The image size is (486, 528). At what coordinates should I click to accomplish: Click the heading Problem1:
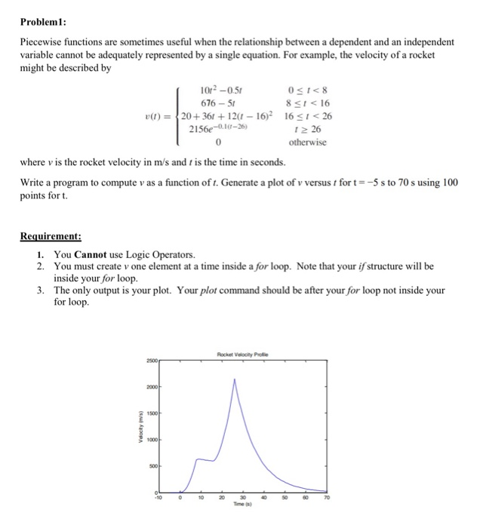(45, 21)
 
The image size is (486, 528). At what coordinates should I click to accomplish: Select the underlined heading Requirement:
(51, 235)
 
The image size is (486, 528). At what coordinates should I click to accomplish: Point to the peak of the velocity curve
(236, 379)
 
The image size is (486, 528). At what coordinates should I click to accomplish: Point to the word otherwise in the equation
(307, 143)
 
